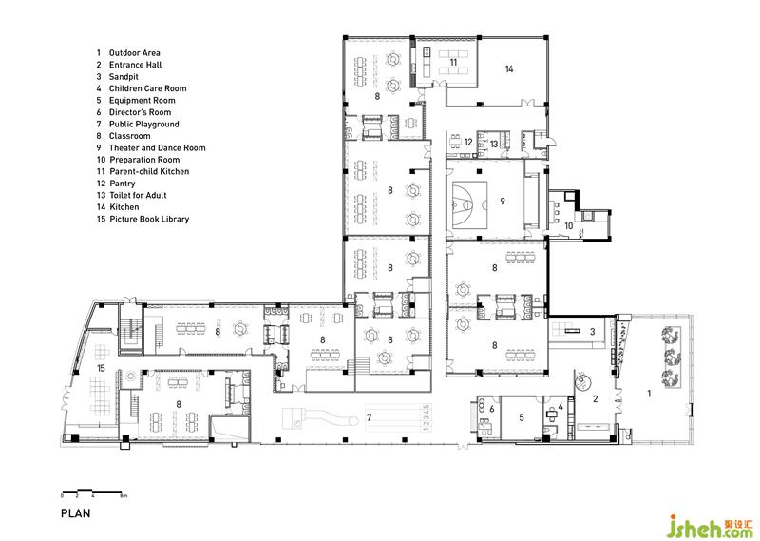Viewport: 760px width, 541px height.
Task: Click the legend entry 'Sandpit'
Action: point(123,77)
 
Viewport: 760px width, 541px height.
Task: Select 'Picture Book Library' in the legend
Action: point(149,219)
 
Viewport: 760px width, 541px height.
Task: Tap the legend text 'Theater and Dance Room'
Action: point(157,148)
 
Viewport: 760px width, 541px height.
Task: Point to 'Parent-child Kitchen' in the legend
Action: point(149,171)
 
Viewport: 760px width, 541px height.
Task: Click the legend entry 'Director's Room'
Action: point(140,112)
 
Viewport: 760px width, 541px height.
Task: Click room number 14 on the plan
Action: point(509,68)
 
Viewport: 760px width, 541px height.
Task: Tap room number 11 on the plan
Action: point(453,62)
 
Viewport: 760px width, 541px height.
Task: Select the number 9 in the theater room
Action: point(503,201)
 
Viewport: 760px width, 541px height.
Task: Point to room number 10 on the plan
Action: point(568,225)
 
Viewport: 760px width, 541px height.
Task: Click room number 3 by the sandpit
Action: point(592,332)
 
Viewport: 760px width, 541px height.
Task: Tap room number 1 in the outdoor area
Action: point(650,394)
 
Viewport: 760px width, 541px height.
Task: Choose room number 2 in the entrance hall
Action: point(596,398)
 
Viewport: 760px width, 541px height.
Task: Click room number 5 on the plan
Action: point(522,416)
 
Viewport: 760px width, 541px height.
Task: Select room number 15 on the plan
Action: point(101,368)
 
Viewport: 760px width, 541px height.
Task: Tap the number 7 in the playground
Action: point(370,416)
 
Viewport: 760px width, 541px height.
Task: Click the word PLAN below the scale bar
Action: point(76,512)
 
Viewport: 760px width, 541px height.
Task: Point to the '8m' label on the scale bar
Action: point(123,496)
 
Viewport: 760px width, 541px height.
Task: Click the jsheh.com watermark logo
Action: point(710,526)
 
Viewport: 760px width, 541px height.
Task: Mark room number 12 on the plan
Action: point(468,143)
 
